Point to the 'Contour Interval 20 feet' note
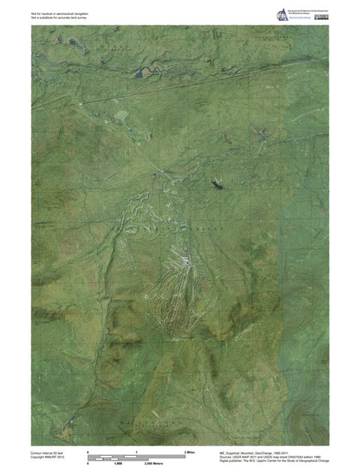pyautogui.click(x=49, y=453)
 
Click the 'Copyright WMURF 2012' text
pyautogui.click(x=47, y=457)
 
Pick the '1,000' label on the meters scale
pyautogui.click(x=118, y=465)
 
